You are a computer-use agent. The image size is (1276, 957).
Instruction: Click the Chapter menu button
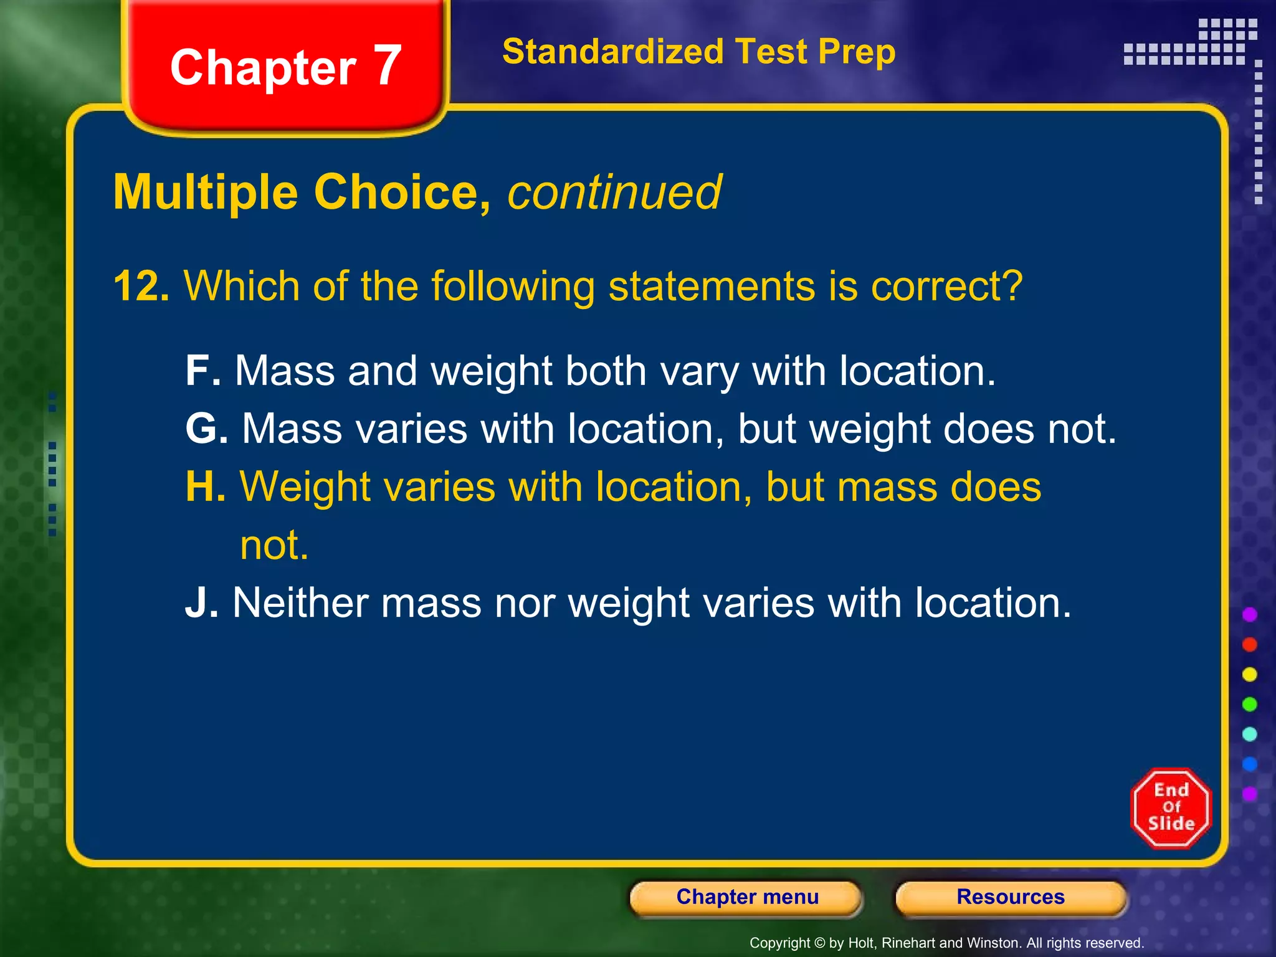tap(746, 897)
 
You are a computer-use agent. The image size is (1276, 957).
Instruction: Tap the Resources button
tap(1011, 897)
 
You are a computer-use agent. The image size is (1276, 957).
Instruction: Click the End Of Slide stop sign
tap(1171, 808)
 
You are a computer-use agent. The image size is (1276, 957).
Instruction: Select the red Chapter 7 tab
tap(285, 67)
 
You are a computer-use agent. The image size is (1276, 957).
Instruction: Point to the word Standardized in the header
tap(612, 52)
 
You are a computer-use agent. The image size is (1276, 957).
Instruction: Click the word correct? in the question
tap(946, 287)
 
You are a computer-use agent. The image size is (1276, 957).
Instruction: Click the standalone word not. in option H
tap(274, 545)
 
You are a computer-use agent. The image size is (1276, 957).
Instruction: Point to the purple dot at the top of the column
tap(1249, 615)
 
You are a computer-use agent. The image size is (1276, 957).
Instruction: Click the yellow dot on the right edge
tap(1249, 675)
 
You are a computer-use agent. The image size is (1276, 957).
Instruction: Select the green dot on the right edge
tap(1249, 705)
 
